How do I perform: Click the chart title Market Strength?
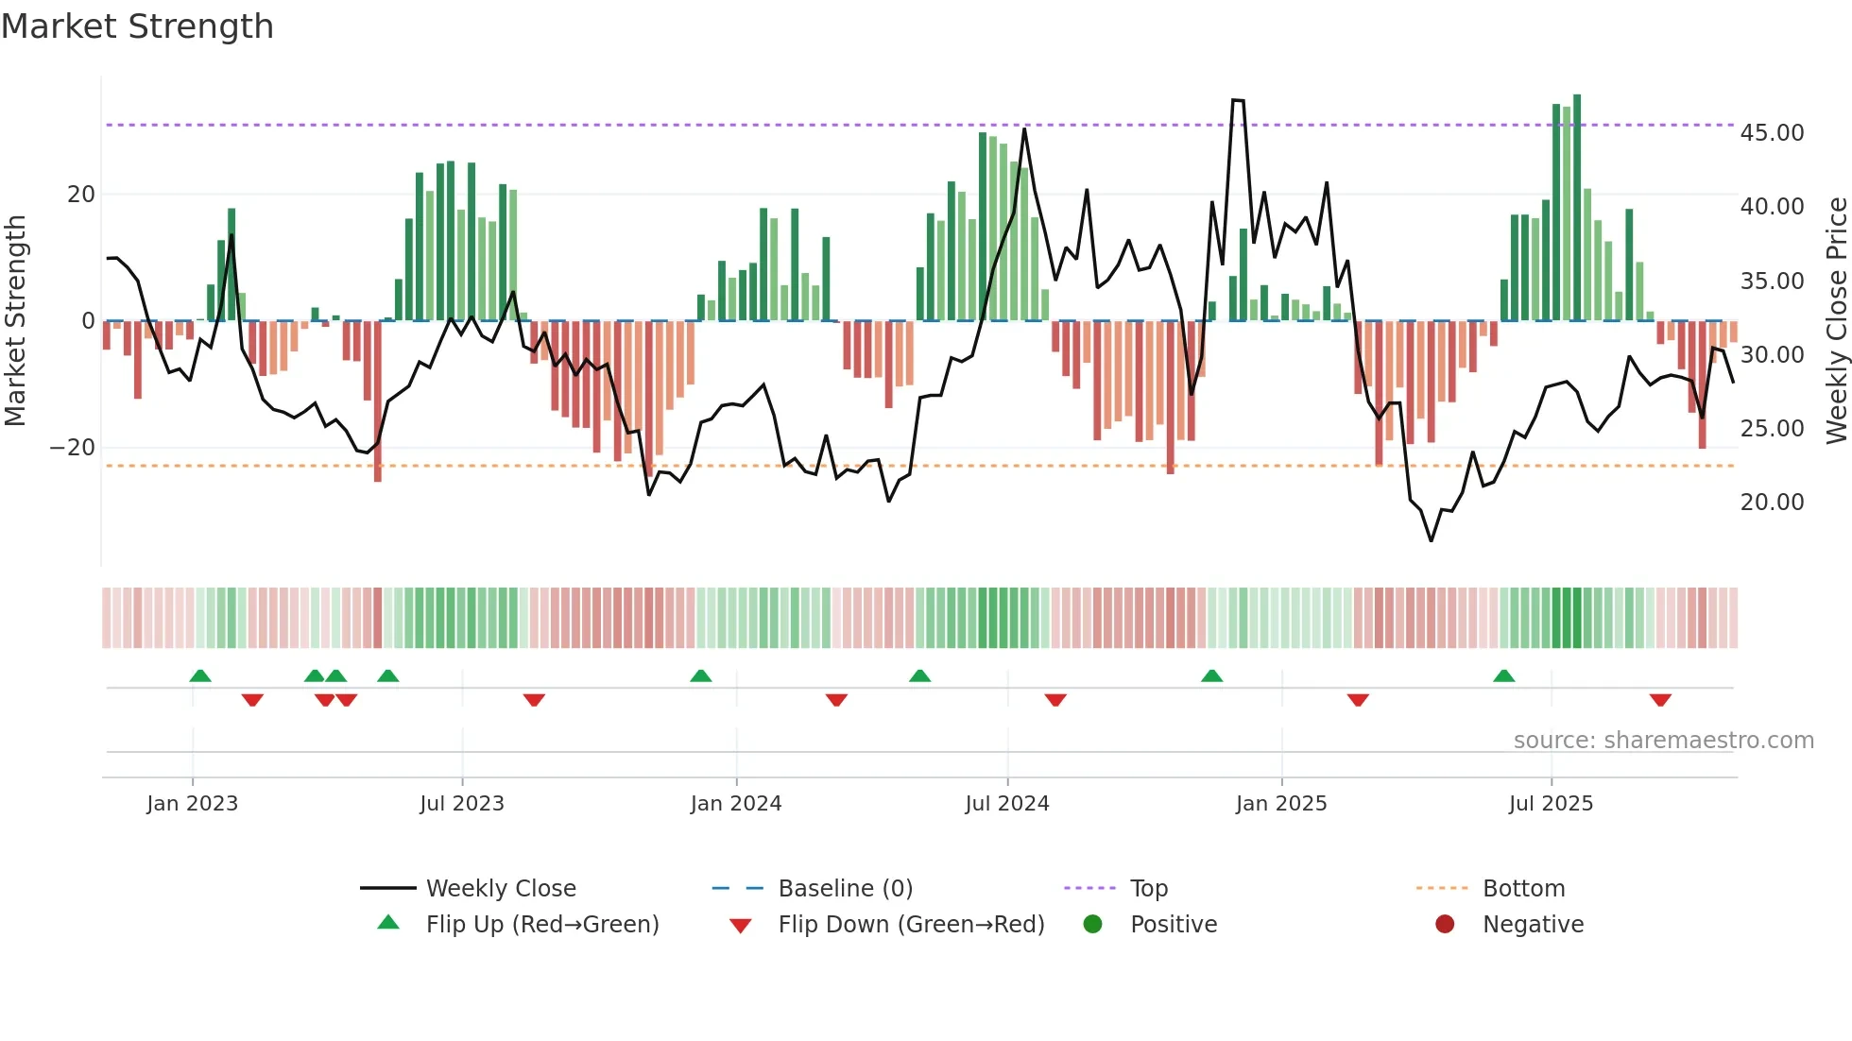coord(137,26)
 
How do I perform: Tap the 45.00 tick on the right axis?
coord(1772,133)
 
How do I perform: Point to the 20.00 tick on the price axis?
coord(1772,503)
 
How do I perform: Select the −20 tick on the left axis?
coord(73,448)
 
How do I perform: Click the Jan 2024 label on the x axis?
coord(736,804)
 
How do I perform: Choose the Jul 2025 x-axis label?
coord(1551,804)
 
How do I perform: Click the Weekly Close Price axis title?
coord(1836,321)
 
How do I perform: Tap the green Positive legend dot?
coord(1093,925)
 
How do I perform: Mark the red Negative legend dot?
coord(1445,925)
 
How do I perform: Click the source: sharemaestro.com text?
coord(1663,741)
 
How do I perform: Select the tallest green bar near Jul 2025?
coord(1577,208)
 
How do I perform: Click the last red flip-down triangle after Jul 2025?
coord(1660,700)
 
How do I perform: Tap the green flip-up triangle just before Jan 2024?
coord(701,676)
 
